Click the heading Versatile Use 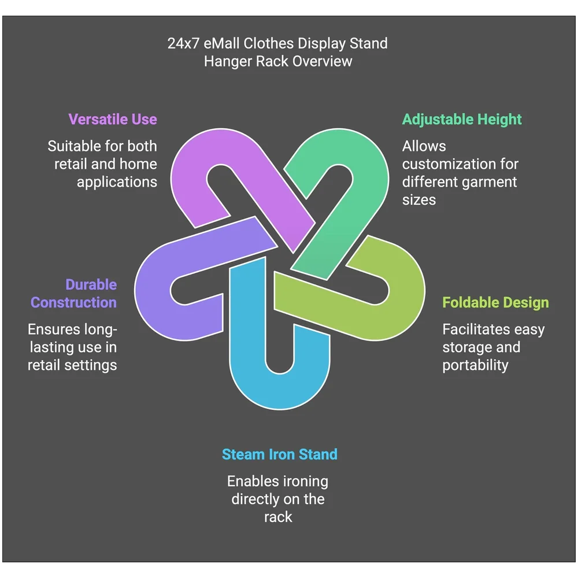click(113, 120)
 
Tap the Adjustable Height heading click(462, 120)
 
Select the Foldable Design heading click(495, 303)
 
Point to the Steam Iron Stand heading click(279, 454)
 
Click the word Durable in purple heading click(91, 284)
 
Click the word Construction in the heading click(74, 303)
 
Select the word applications click(117, 183)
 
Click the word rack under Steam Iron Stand click(278, 517)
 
